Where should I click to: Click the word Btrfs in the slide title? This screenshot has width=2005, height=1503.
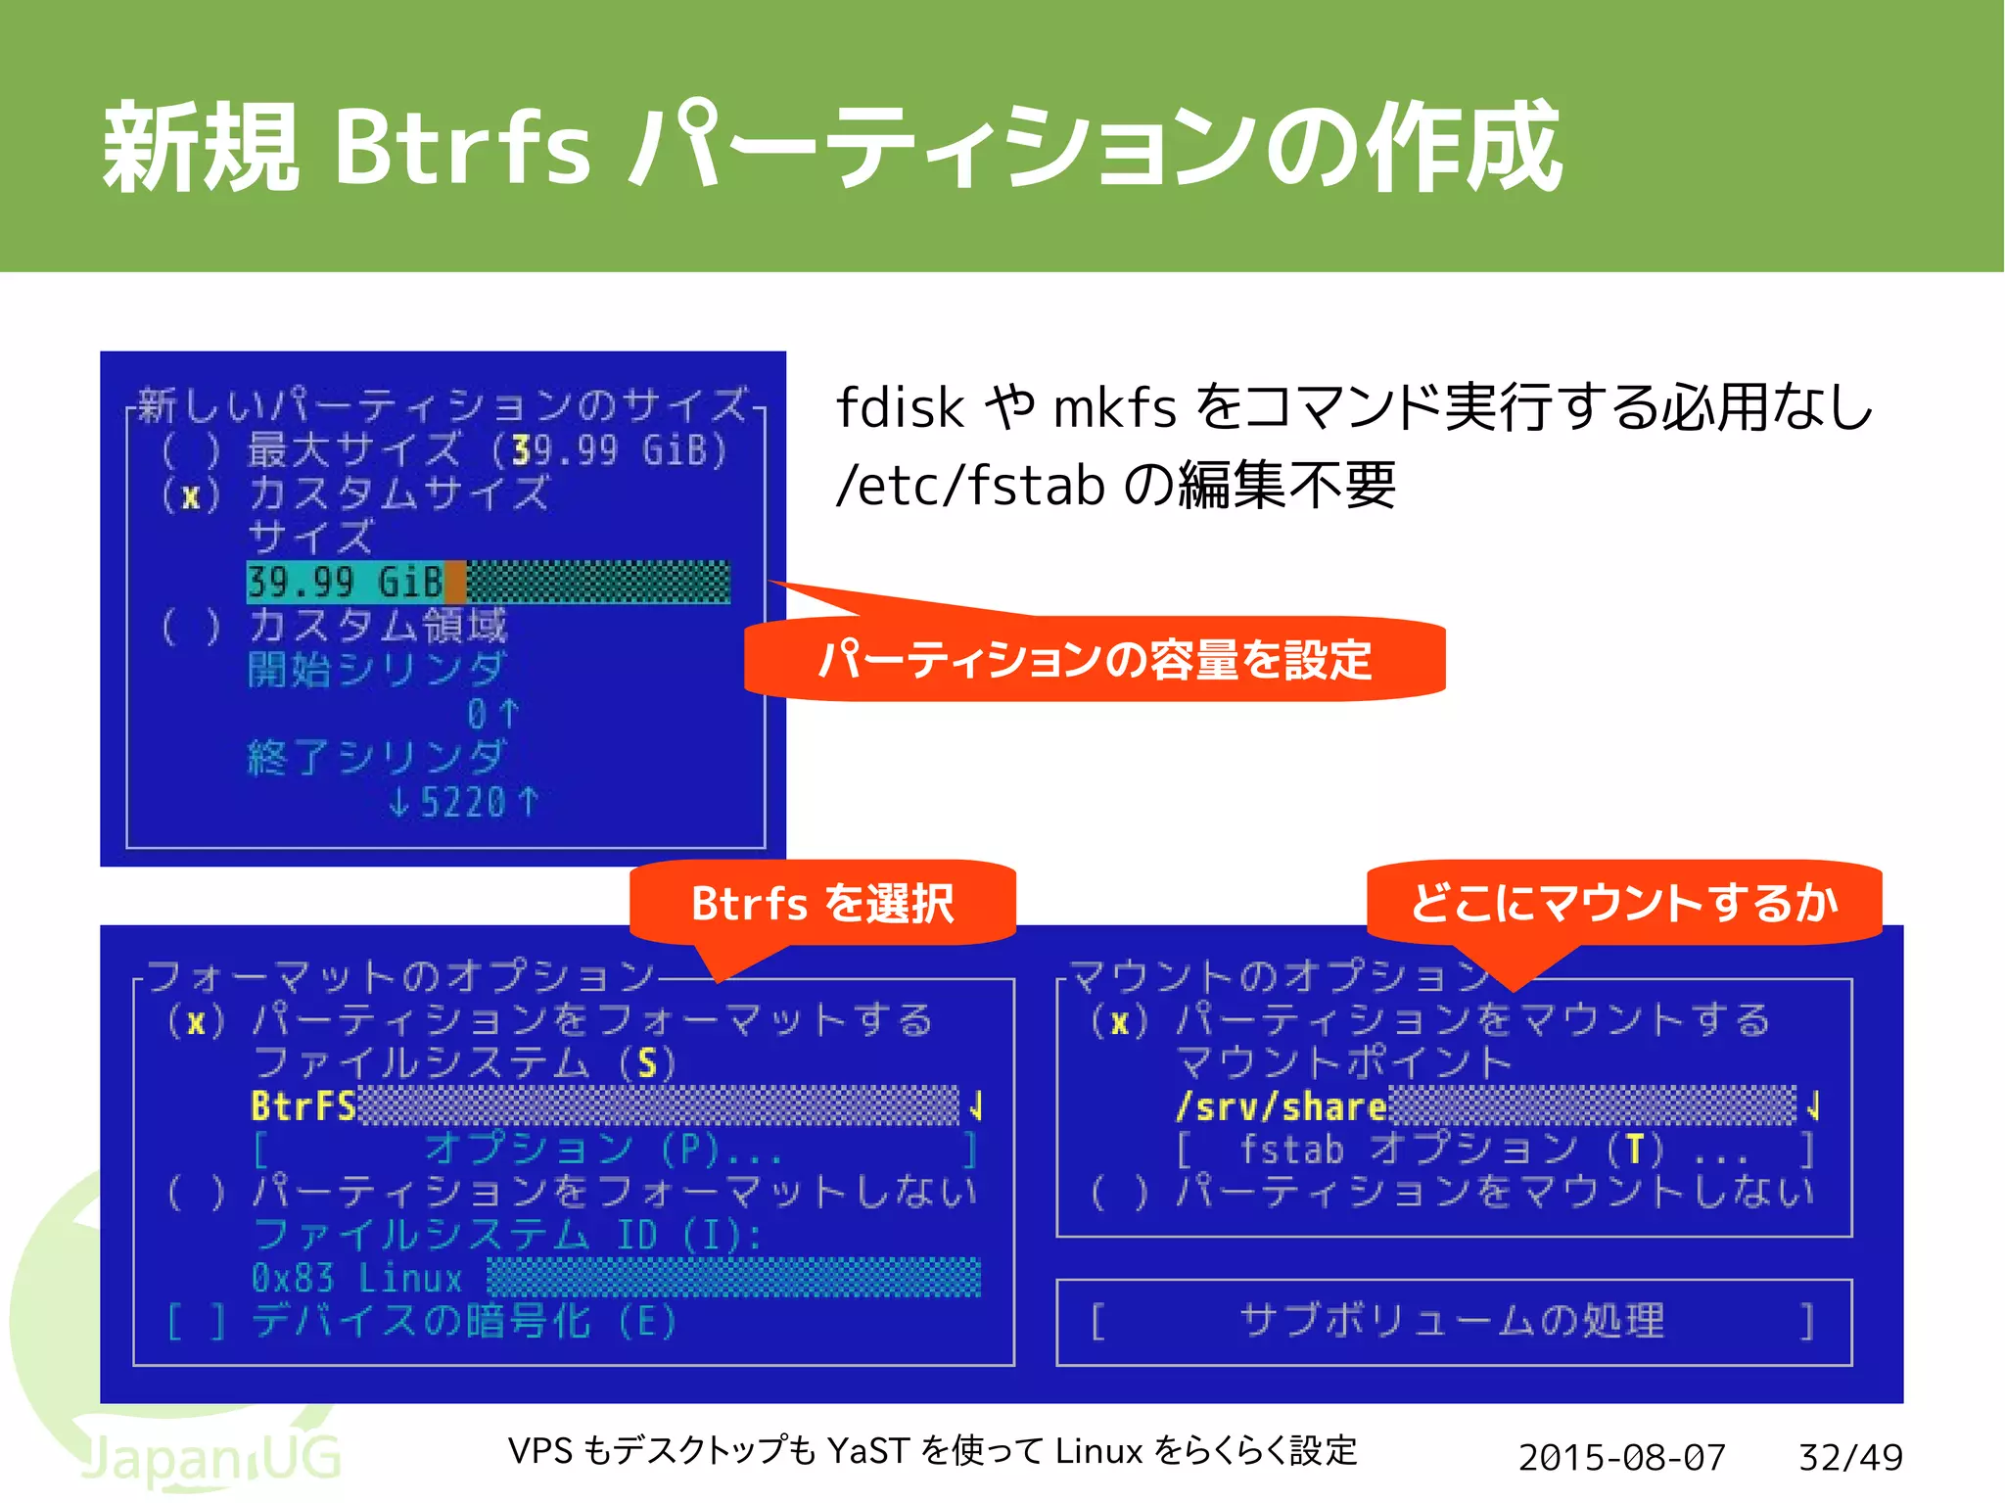(x=461, y=147)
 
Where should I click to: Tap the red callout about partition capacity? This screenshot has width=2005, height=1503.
(x=1095, y=659)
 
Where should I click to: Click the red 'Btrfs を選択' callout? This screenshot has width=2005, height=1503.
(x=822, y=903)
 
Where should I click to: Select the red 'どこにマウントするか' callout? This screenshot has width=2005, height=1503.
(x=1624, y=903)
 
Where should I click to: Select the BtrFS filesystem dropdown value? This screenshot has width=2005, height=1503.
(x=303, y=1106)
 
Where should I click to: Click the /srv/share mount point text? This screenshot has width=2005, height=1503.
(x=1282, y=1106)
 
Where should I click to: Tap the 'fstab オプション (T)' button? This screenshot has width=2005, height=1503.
(x=1494, y=1150)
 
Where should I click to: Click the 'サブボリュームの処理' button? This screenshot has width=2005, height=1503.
(x=1453, y=1321)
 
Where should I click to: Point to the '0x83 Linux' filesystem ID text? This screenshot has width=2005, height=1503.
(x=356, y=1278)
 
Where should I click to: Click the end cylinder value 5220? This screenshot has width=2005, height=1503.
(x=463, y=803)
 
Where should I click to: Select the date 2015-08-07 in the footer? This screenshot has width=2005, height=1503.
(x=1622, y=1457)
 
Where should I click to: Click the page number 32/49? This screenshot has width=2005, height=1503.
(x=1850, y=1457)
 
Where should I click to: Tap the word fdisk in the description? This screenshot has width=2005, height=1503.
(x=901, y=407)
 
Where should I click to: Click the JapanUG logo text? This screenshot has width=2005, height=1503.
(x=210, y=1458)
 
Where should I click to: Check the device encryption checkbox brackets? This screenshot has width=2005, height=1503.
(x=196, y=1322)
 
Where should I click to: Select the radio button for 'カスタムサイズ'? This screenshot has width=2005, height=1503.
(x=190, y=495)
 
